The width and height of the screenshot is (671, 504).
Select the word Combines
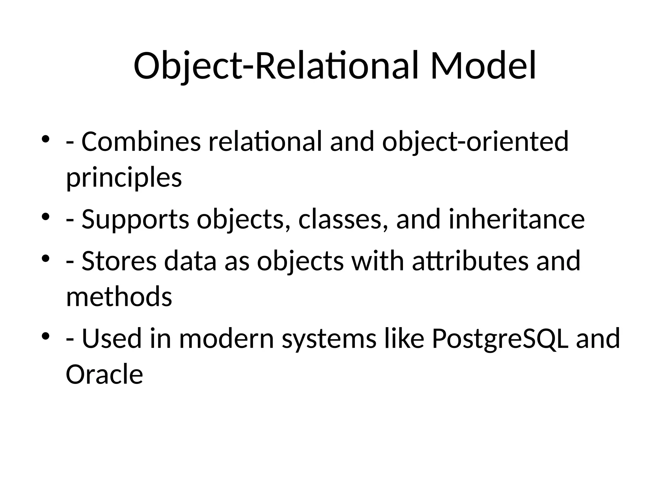tap(141, 142)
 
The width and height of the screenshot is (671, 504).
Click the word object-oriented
tap(475, 142)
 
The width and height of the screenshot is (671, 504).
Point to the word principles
tap(124, 178)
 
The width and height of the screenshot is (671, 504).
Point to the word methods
tap(119, 297)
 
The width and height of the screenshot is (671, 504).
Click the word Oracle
tap(104, 374)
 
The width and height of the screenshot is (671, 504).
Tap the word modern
tap(226, 339)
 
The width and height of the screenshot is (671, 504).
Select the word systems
tap(329, 339)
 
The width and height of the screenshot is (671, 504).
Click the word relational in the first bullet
tap(265, 142)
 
